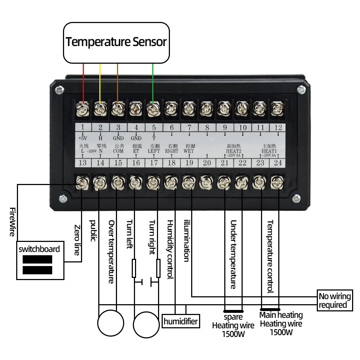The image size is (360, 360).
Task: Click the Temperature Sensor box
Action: click(x=116, y=42)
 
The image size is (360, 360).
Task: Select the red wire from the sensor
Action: click(x=84, y=83)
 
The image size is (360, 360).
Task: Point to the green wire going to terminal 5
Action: click(x=153, y=83)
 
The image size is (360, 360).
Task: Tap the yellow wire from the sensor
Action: click(x=100, y=83)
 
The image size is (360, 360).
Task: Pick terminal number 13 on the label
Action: click(x=82, y=163)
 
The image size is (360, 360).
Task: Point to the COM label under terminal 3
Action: click(x=118, y=151)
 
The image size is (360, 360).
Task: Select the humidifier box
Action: click(x=181, y=321)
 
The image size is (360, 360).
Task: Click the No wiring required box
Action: click(x=334, y=301)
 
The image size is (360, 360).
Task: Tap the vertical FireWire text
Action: click(x=12, y=222)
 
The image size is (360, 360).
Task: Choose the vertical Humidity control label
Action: click(x=170, y=249)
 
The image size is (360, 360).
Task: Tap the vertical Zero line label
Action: click(x=77, y=240)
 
